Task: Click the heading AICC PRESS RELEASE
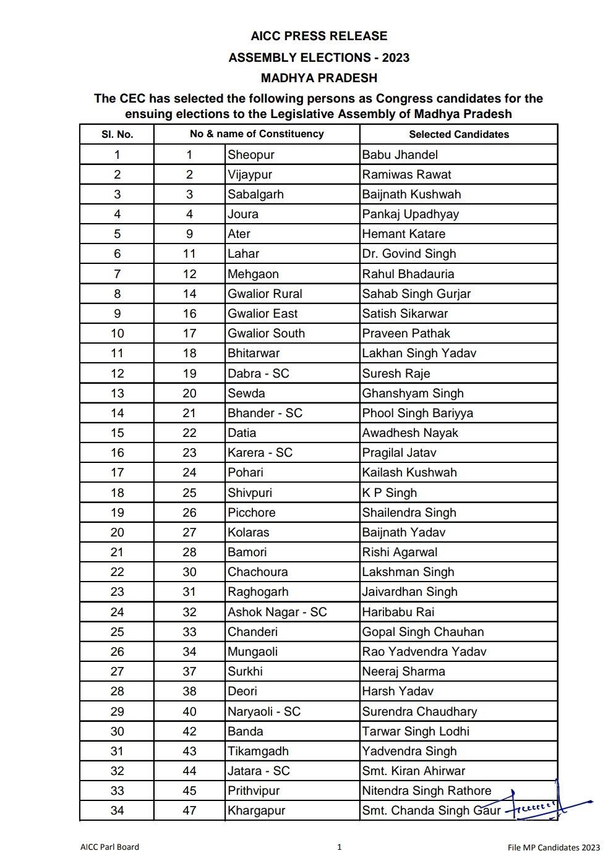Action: [x=319, y=36]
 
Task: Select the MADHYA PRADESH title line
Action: [x=319, y=78]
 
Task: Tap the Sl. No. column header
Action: [x=117, y=134]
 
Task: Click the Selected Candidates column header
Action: [x=458, y=134]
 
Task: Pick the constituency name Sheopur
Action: [x=250, y=155]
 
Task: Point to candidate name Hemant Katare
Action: [x=403, y=234]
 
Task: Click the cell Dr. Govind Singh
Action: [x=409, y=254]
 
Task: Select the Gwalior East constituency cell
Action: [x=262, y=313]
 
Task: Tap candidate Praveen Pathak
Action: [x=406, y=333]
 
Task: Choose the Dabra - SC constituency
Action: [x=258, y=373]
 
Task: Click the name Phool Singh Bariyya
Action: [x=417, y=413]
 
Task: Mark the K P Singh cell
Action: [x=389, y=493]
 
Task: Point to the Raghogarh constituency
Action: [x=257, y=591]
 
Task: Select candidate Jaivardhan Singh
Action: [x=409, y=591]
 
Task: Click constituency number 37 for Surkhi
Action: [x=189, y=671]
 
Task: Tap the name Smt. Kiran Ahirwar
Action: [x=413, y=771]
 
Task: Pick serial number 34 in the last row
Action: [x=117, y=810]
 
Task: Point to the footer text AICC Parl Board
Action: [x=109, y=847]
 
